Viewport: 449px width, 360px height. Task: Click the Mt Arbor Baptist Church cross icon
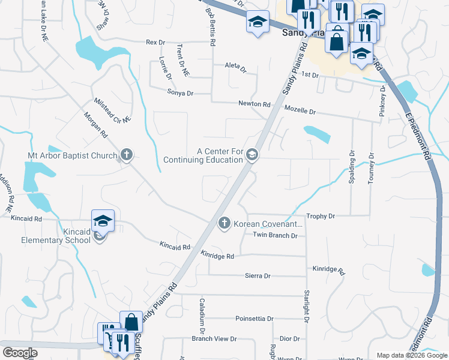(126, 155)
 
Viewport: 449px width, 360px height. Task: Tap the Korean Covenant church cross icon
(224, 223)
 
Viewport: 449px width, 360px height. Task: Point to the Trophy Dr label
(320, 215)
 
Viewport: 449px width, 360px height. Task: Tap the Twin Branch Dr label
(275, 236)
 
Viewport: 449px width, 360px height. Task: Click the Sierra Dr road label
(258, 276)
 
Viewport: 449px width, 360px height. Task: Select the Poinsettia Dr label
(255, 319)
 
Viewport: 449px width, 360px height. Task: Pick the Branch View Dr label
(214, 339)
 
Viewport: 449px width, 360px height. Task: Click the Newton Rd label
(254, 104)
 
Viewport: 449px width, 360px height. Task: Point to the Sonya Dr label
(180, 94)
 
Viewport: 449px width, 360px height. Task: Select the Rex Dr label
(155, 43)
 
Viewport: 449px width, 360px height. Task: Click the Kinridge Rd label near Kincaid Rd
(217, 256)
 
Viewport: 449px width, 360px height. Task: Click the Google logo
(20, 353)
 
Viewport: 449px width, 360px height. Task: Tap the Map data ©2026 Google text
(412, 356)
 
